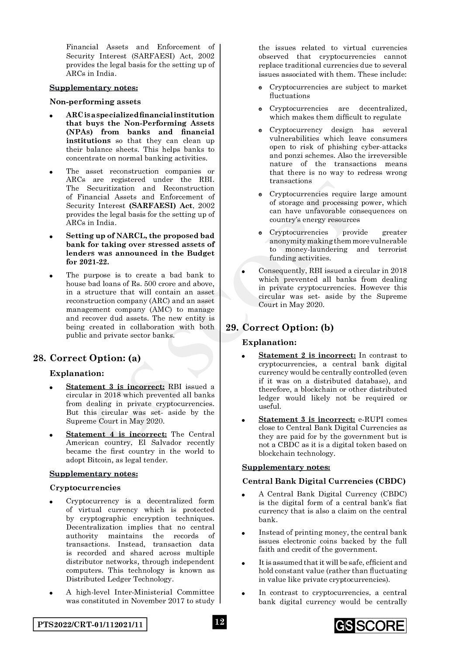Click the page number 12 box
point(219,622)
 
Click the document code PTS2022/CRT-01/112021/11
point(90,625)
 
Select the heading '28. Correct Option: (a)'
point(87,358)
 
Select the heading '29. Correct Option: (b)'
point(279,328)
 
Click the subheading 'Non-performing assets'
point(95,102)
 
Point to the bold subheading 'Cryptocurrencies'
point(85,488)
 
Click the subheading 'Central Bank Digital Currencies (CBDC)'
point(324,481)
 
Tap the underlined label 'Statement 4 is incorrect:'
point(116,434)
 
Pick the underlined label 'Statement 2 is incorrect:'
point(307,356)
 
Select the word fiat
point(400,503)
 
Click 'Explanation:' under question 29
point(269,342)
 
